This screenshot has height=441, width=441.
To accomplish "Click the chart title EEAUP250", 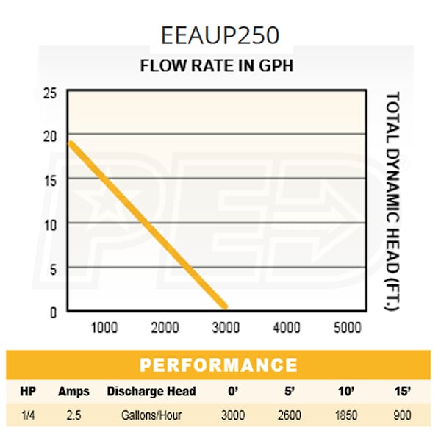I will [220, 35].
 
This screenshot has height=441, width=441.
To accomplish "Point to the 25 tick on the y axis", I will [50, 93].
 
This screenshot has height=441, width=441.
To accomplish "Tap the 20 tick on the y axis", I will [50, 136].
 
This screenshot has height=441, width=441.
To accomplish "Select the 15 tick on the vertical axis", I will [50, 179].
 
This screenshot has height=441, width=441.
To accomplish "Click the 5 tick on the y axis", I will [52, 268].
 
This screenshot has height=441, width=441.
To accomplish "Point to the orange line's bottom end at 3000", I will [224, 306].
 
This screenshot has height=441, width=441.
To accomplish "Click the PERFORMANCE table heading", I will [218, 365].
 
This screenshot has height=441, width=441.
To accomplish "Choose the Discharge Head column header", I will [151, 391].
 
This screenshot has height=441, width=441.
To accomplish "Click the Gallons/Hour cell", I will [151, 415].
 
